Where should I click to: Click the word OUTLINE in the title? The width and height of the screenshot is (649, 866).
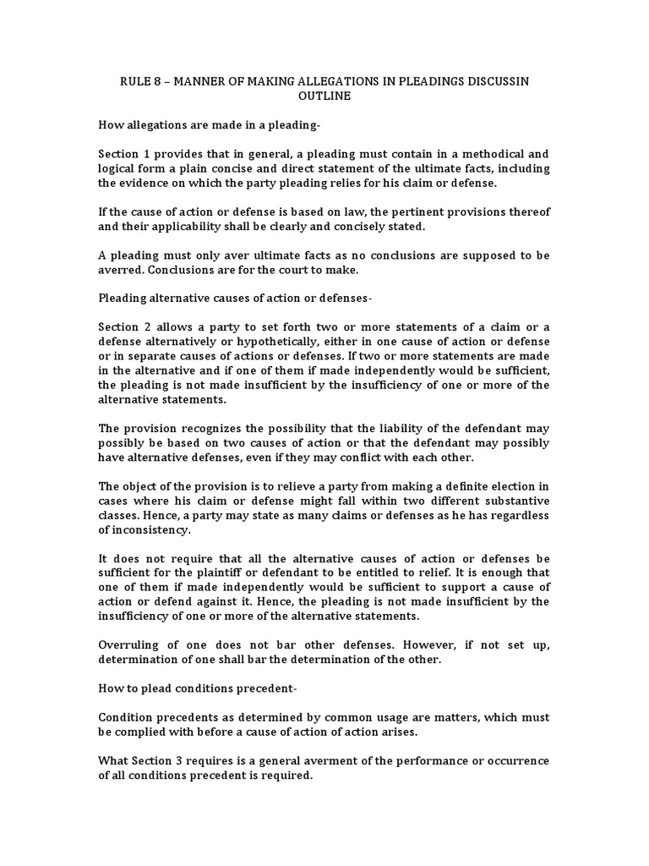coord(324,96)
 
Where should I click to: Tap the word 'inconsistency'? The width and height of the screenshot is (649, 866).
coord(150,529)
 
